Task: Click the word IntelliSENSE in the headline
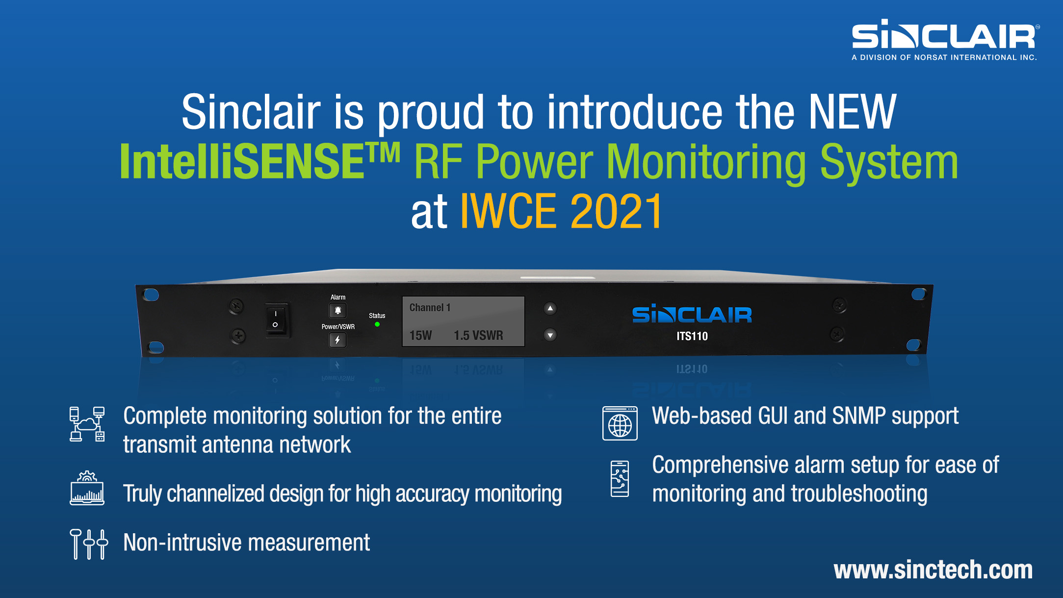(x=243, y=162)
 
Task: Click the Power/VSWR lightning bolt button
(x=337, y=340)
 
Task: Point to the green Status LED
(x=377, y=324)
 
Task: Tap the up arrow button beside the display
(x=550, y=309)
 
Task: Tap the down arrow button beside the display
(x=550, y=336)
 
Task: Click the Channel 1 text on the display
(x=430, y=308)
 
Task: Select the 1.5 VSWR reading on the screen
(x=478, y=336)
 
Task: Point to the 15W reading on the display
(x=420, y=336)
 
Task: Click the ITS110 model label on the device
(x=692, y=336)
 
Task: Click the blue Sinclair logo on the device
(x=692, y=314)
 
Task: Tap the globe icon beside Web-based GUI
(x=620, y=423)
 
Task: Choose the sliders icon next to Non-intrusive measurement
(x=89, y=544)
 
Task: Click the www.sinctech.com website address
(x=933, y=570)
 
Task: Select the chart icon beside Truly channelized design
(x=87, y=489)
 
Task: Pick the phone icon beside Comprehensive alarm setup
(x=620, y=479)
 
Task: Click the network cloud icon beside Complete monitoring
(x=87, y=424)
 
